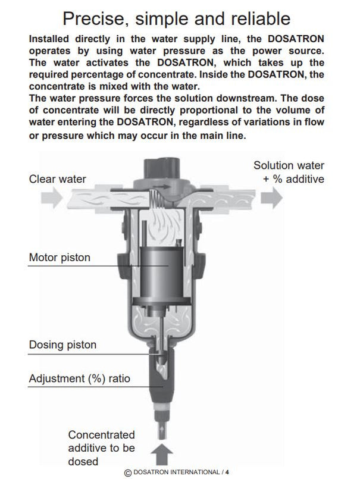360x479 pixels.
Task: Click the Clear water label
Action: pos(57,179)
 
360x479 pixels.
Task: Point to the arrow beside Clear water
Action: pos(52,198)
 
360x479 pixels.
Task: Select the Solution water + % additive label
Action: pos(289,173)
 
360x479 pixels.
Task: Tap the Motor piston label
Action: pos(60,258)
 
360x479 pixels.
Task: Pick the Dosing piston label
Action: pos(62,345)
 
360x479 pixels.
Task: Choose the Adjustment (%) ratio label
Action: pos(79,378)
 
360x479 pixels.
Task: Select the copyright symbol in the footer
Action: pos(127,472)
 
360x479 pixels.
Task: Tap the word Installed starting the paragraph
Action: pos(52,38)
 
